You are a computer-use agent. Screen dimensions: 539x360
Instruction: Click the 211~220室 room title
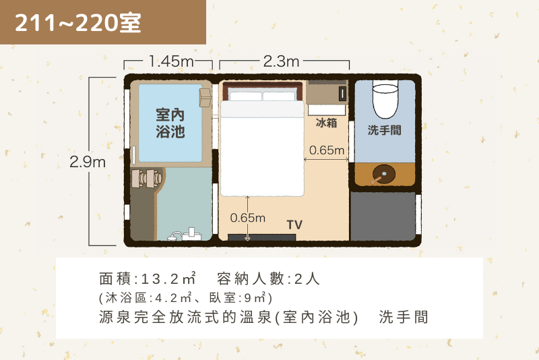[x=77, y=23]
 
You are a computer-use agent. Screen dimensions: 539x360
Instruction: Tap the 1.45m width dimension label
[x=171, y=61]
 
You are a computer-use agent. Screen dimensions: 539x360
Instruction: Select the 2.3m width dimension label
[x=281, y=61]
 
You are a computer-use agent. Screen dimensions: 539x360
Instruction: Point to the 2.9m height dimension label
[x=88, y=162]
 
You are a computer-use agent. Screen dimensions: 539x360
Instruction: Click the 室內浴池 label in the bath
[x=170, y=123]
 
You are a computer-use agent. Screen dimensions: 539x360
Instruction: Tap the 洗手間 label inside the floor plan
[x=384, y=130]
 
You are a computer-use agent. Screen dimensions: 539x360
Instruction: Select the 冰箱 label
[x=326, y=123]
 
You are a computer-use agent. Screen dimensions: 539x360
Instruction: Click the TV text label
[x=294, y=225]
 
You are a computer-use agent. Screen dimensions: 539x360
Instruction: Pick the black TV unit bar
[x=262, y=237]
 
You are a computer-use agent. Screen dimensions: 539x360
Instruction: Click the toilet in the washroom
[x=385, y=99]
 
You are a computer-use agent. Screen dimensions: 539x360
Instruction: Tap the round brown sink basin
[x=383, y=174]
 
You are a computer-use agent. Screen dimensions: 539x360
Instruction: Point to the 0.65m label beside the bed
[x=327, y=150]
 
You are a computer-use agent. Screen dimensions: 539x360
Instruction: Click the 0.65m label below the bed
[x=247, y=218]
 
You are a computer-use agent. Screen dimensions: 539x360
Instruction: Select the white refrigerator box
[x=327, y=110]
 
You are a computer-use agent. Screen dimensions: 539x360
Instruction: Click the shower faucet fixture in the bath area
[x=184, y=235]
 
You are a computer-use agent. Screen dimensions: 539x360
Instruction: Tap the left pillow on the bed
[x=245, y=96]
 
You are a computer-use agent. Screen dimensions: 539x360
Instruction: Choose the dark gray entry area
[x=383, y=216]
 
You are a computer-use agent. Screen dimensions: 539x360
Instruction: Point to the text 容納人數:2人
[x=268, y=278]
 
